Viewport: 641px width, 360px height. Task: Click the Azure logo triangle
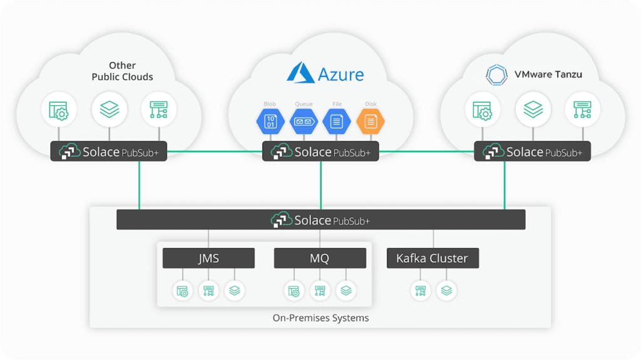tap(300, 73)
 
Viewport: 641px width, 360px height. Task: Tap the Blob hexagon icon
tap(269, 121)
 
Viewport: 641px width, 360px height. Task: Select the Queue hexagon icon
tap(303, 121)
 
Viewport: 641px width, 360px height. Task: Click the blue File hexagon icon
tap(337, 121)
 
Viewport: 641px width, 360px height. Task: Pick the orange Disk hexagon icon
tap(370, 121)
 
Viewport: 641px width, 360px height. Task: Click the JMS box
tap(208, 258)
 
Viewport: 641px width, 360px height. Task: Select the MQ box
tap(320, 258)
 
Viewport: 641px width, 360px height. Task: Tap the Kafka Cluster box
tap(432, 258)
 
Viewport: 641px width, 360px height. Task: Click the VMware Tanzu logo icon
tap(497, 75)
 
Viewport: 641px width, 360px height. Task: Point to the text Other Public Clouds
tap(122, 71)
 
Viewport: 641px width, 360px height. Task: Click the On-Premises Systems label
tap(320, 318)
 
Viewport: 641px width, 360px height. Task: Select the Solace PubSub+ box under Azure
tap(320, 152)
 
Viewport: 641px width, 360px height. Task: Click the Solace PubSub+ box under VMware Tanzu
tap(532, 152)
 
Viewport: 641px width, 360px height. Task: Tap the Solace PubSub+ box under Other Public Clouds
tap(109, 152)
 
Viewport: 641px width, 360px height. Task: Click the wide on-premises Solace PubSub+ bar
tap(320, 220)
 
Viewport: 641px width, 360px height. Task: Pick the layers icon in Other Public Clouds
tap(110, 110)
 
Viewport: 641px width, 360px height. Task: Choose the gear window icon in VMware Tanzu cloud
tap(482, 110)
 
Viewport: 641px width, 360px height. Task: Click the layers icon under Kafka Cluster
tap(446, 291)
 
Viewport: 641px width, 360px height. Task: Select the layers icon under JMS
tap(235, 291)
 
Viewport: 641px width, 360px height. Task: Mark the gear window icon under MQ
tap(294, 291)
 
